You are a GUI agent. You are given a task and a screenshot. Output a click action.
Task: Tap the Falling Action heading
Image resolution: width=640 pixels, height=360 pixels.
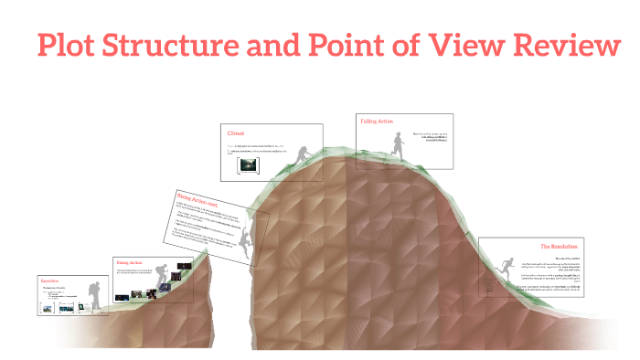point(377,122)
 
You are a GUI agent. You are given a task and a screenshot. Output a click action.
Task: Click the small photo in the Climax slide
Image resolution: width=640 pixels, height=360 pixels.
point(248,165)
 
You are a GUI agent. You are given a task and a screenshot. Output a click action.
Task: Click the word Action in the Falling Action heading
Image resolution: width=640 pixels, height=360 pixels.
point(385,122)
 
